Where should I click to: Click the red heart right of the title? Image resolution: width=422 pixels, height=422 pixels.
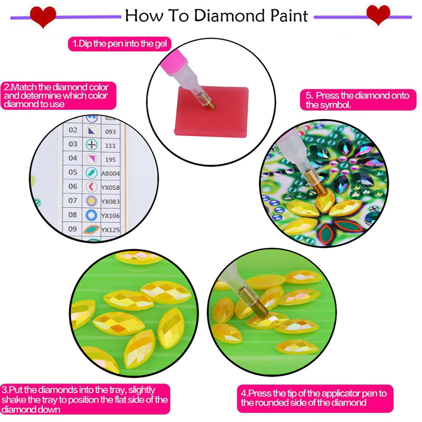pyautogui.click(x=378, y=15)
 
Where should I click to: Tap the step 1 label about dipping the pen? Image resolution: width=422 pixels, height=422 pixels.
pyautogui.click(x=120, y=44)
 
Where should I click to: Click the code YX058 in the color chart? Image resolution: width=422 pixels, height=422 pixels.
pyautogui.click(x=111, y=186)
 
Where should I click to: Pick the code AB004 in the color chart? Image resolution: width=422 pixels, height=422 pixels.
pyautogui.click(x=111, y=173)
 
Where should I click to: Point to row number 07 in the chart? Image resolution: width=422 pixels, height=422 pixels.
pyautogui.click(x=73, y=200)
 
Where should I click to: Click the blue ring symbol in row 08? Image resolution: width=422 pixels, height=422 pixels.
pyautogui.click(x=91, y=215)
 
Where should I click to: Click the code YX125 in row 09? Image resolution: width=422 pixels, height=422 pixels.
pyautogui.click(x=111, y=230)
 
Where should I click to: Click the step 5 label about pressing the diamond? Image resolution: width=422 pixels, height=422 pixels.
pyautogui.click(x=357, y=100)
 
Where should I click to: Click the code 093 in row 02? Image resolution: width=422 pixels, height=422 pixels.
pyautogui.click(x=110, y=131)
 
